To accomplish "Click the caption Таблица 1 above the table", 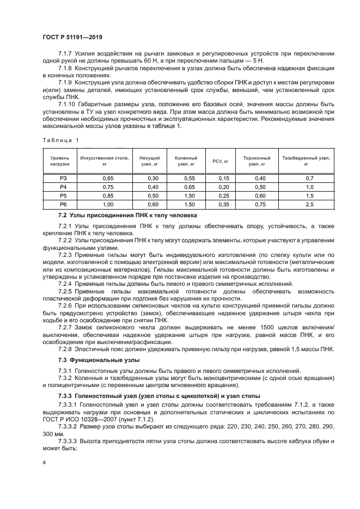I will [x=60, y=140].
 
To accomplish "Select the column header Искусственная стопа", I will [x=104, y=161].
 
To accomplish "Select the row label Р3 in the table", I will [x=63, y=178].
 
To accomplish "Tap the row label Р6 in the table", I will [x=63, y=204].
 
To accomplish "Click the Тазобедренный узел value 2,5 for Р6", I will [x=309, y=204].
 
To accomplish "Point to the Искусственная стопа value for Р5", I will [x=108, y=195].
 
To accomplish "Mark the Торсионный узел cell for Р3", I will [x=260, y=178].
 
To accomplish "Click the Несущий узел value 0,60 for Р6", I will [x=153, y=204].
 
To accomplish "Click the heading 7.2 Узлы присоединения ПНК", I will [x=120, y=215].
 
